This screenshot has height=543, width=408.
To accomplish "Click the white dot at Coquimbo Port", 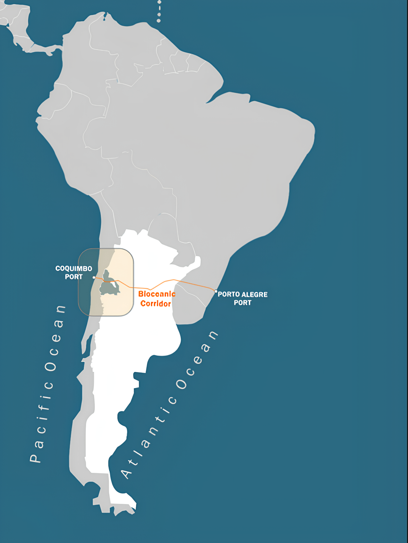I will pyautogui.click(x=94, y=277).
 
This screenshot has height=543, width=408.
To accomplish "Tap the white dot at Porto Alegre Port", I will pyautogui.click(x=216, y=291).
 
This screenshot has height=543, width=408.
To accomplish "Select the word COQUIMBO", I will pyautogui.click(x=74, y=268).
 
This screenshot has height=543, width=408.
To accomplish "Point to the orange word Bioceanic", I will pyautogui.click(x=157, y=294).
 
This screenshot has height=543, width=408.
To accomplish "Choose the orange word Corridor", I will pyautogui.click(x=155, y=303).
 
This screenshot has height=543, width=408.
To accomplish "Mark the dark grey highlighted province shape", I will pyautogui.click(x=109, y=286).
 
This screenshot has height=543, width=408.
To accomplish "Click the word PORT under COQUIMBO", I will pyautogui.click(x=74, y=277).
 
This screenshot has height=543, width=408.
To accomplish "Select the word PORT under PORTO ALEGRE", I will pyautogui.click(x=242, y=303).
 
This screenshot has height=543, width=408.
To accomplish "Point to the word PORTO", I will pyautogui.click(x=229, y=294).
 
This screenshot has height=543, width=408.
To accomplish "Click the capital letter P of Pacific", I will pyautogui.click(x=35, y=457).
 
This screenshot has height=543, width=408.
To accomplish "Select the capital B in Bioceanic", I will pyautogui.click(x=141, y=294).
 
